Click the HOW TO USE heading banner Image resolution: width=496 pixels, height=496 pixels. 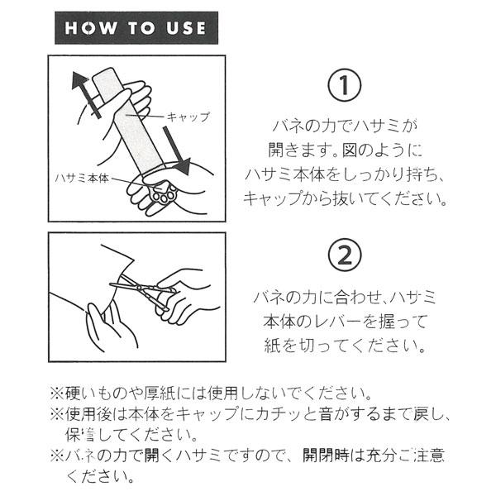(136, 28)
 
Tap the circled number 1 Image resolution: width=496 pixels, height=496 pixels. (345, 85)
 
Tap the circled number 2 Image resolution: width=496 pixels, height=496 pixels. (345, 255)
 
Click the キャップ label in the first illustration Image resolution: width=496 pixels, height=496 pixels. (188, 117)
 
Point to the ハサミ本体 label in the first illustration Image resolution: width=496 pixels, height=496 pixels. (82, 179)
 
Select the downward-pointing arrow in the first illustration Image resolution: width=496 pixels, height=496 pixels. (177, 150)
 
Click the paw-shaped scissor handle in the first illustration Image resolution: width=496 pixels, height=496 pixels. (164, 194)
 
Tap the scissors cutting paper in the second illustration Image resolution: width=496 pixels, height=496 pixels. (142, 291)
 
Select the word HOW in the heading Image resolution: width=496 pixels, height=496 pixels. (90, 28)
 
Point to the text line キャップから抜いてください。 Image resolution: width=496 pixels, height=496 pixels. (345, 198)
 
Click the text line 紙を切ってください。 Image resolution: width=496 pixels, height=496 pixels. (345, 345)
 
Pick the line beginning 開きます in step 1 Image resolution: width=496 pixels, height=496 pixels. (345, 150)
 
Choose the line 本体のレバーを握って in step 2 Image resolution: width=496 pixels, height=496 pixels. (345, 321)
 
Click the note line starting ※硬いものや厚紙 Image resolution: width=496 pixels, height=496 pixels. (212, 393)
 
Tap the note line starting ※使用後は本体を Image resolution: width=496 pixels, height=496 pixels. (250, 414)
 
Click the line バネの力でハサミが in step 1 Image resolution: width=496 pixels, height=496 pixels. (345, 126)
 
